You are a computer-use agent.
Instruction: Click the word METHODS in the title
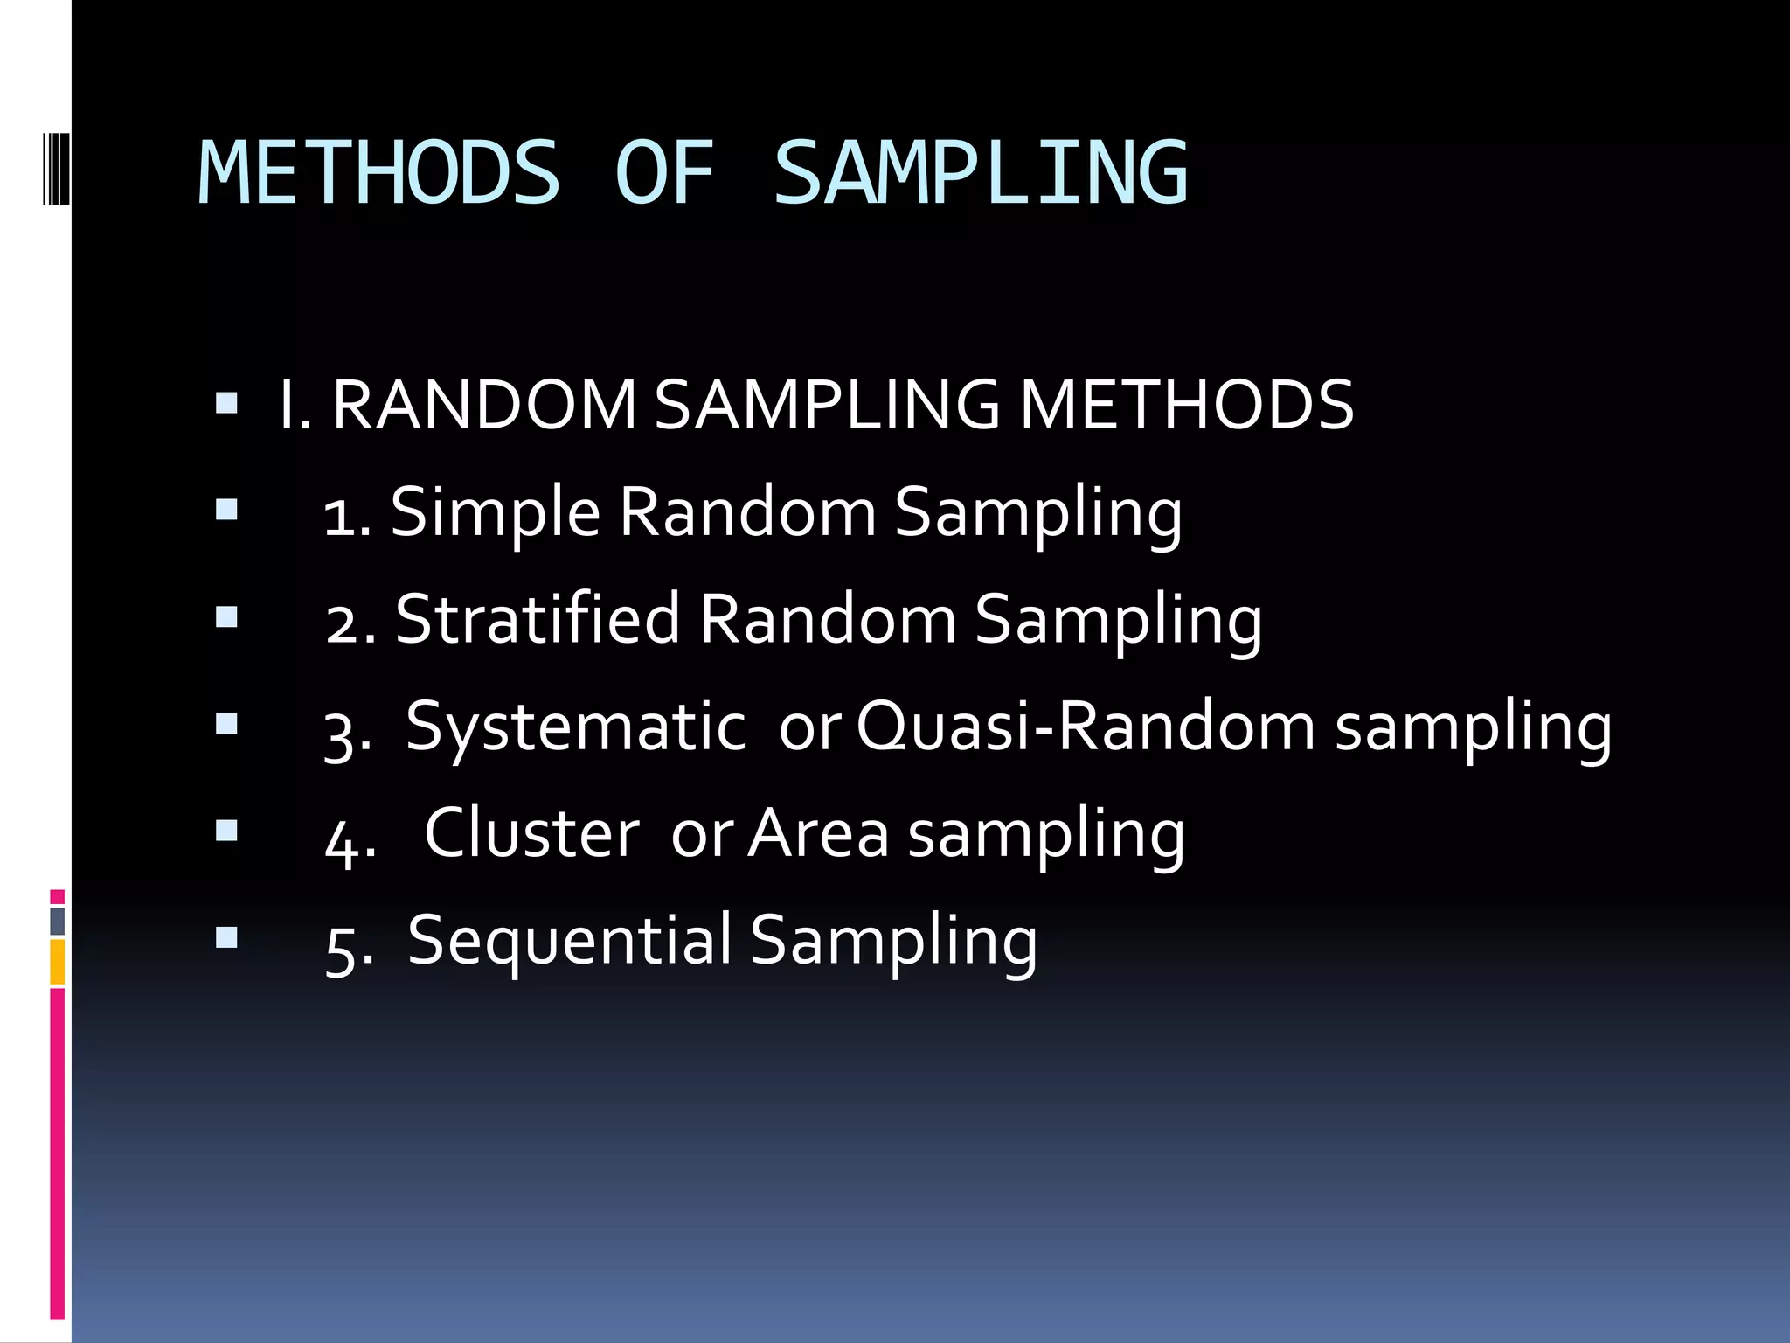tap(378, 173)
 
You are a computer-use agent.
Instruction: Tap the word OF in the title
tap(665, 173)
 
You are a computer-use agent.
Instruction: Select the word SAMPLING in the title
tap(981, 173)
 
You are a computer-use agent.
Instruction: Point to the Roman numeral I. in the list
tap(295, 405)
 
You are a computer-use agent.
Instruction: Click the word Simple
tap(495, 512)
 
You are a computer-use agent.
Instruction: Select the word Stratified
tap(537, 619)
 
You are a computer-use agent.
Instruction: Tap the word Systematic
tap(576, 727)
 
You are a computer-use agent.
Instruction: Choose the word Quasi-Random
tap(1085, 726)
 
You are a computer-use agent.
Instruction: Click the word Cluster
tap(531, 832)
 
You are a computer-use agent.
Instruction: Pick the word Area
tap(819, 832)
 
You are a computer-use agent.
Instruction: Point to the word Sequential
tap(569, 941)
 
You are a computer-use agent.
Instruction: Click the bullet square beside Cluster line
tap(226, 830)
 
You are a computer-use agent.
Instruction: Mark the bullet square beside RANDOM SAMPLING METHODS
tap(226, 403)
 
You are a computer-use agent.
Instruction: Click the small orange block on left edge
tap(58, 962)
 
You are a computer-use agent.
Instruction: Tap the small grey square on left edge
tap(58, 921)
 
